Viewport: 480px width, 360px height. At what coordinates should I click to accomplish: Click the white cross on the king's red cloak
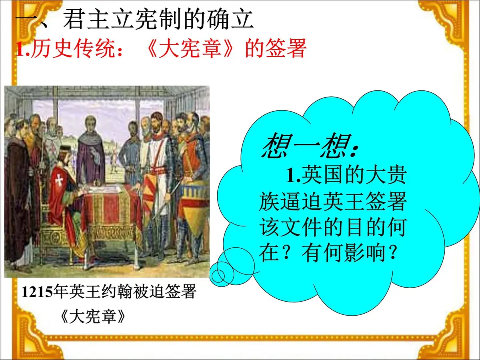click(x=59, y=180)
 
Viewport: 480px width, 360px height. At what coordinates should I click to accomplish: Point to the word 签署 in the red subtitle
click(x=286, y=49)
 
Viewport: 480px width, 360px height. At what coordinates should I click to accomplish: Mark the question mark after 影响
click(x=394, y=253)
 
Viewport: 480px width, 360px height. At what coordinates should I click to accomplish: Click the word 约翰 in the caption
click(x=113, y=292)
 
